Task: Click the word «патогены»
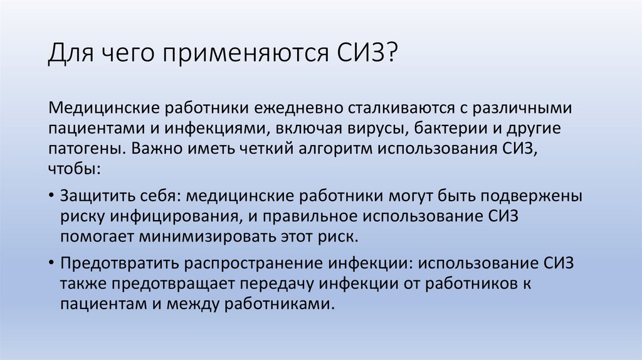[87, 151]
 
